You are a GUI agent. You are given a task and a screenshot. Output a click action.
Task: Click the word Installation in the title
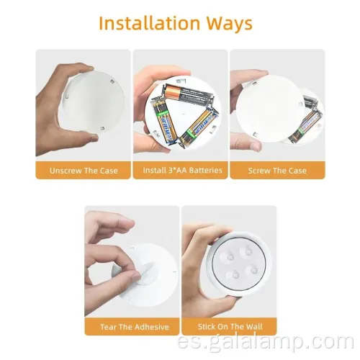(149, 23)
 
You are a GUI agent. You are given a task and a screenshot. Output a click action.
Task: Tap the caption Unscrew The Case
(84, 171)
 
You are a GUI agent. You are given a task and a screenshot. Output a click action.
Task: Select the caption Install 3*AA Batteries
(182, 170)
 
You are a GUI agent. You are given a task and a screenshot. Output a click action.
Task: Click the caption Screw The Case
(277, 171)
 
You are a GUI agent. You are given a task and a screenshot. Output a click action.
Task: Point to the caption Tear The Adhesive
(135, 327)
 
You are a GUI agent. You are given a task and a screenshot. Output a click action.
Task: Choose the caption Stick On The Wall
(230, 327)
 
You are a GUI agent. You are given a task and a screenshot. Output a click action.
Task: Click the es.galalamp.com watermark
(265, 342)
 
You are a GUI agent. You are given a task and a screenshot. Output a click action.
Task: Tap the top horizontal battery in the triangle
(189, 94)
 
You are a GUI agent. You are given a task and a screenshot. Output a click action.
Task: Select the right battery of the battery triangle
(199, 128)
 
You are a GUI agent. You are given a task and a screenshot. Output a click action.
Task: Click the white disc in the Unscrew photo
(93, 103)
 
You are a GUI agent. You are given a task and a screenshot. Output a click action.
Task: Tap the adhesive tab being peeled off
(148, 272)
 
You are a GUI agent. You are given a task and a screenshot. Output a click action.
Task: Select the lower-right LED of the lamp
(253, 271)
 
